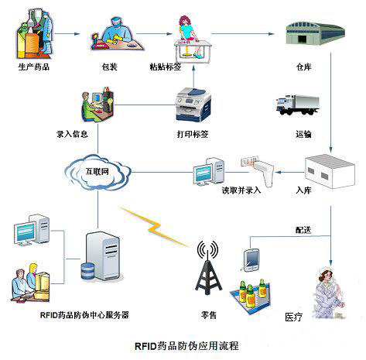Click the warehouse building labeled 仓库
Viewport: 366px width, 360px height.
point(315,33)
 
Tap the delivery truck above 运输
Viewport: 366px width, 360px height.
point(297,105)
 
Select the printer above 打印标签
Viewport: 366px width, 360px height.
point(193,105)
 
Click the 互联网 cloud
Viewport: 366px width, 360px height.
point(97,172)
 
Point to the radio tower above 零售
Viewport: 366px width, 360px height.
point(207,268)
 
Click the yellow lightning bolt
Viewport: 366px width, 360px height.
point(154,226)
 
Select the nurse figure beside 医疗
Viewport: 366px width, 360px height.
point(329,293)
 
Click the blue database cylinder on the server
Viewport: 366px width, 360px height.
point(87,271)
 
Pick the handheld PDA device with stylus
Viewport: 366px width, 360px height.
point(250,260)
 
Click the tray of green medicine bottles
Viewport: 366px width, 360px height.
point(251,297)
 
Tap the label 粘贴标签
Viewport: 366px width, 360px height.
point(166,67)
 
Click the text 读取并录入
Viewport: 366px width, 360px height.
point(241,190)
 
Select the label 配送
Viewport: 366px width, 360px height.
point(303,230)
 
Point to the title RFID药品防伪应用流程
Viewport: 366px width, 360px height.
point(186,346)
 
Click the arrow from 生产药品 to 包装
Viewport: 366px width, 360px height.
point(67,34)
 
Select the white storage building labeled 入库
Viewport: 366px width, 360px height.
point(330,171)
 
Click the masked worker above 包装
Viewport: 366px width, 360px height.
point(117,34)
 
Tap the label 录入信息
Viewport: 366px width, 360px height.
point(72,134)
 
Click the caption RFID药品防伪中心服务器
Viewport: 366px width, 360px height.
point(84,315)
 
